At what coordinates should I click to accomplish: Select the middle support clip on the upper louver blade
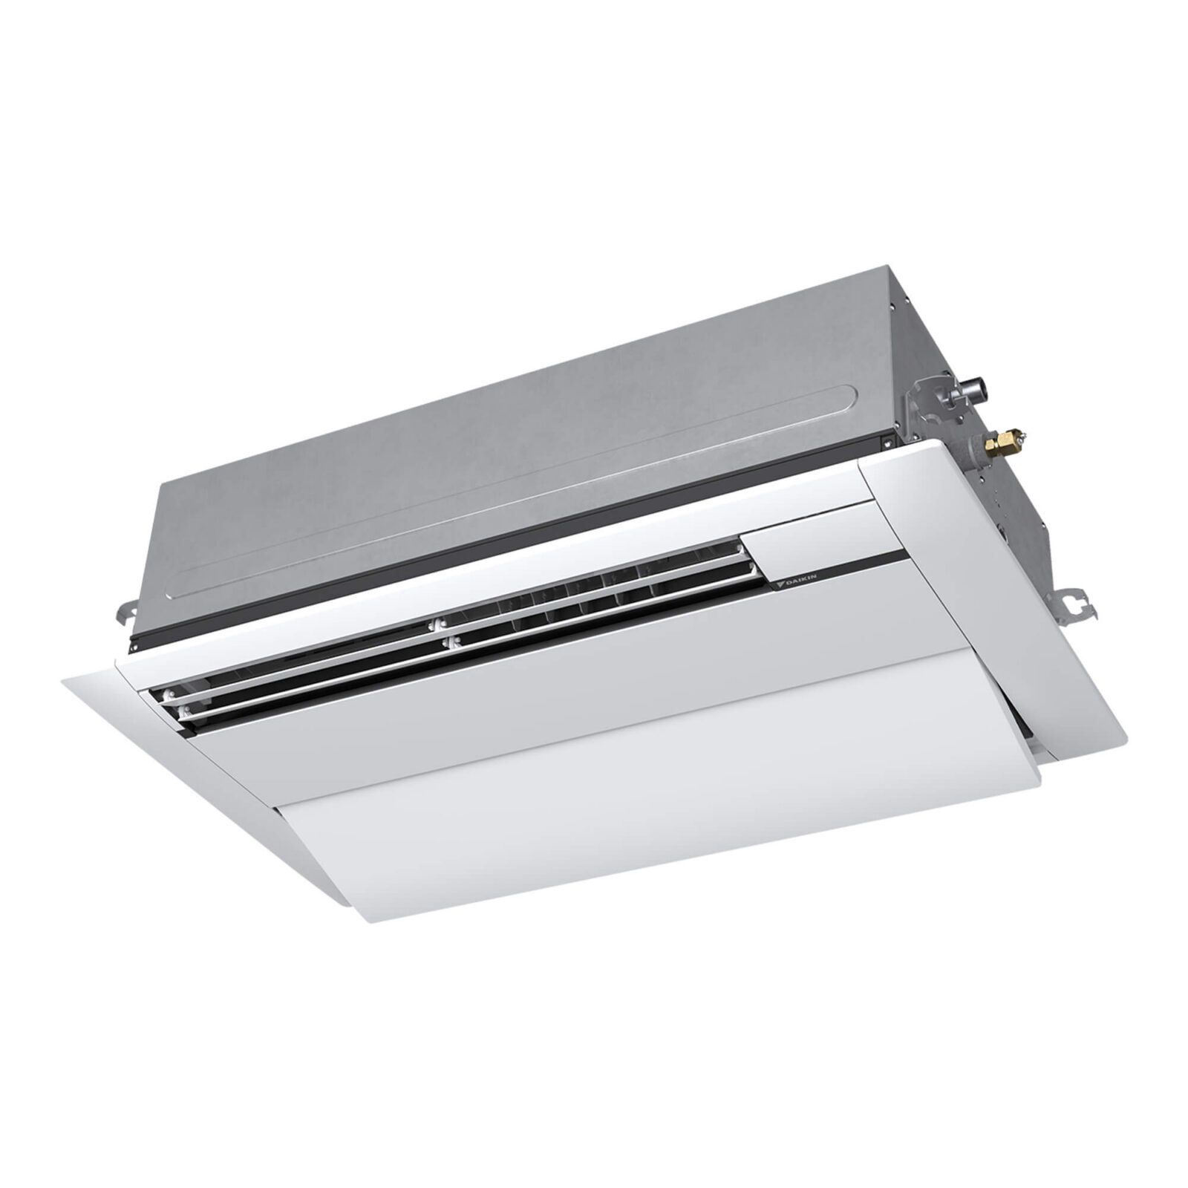pyautogui.click(x=440, y=625)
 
